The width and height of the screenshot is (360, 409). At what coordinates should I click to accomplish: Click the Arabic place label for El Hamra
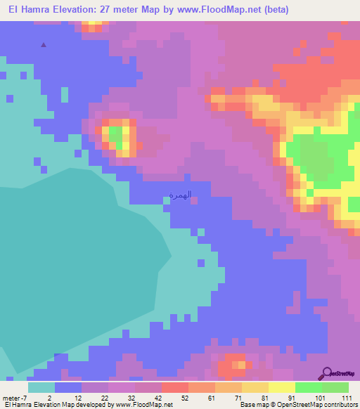tap(181, 195)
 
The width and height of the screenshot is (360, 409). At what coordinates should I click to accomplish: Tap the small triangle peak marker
tap(44, 45)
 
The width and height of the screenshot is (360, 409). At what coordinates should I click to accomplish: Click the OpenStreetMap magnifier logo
tap(326, 373)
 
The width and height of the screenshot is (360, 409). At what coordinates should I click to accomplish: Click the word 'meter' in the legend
tap(11, 397)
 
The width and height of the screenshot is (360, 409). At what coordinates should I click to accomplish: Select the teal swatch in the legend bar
tap(41, 387)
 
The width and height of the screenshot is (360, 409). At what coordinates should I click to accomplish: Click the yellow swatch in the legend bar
tap(282, 387)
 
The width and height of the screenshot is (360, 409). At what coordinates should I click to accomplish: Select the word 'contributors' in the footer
tap(340, 405)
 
